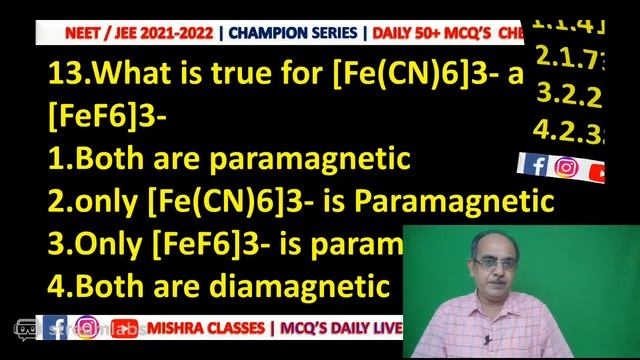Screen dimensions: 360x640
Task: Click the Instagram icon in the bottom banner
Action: point(87,328)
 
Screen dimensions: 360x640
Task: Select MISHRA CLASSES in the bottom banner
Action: point(212,328)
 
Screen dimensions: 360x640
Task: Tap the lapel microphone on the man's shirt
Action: point(486,340)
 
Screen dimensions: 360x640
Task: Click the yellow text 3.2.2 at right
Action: point(569,95)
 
